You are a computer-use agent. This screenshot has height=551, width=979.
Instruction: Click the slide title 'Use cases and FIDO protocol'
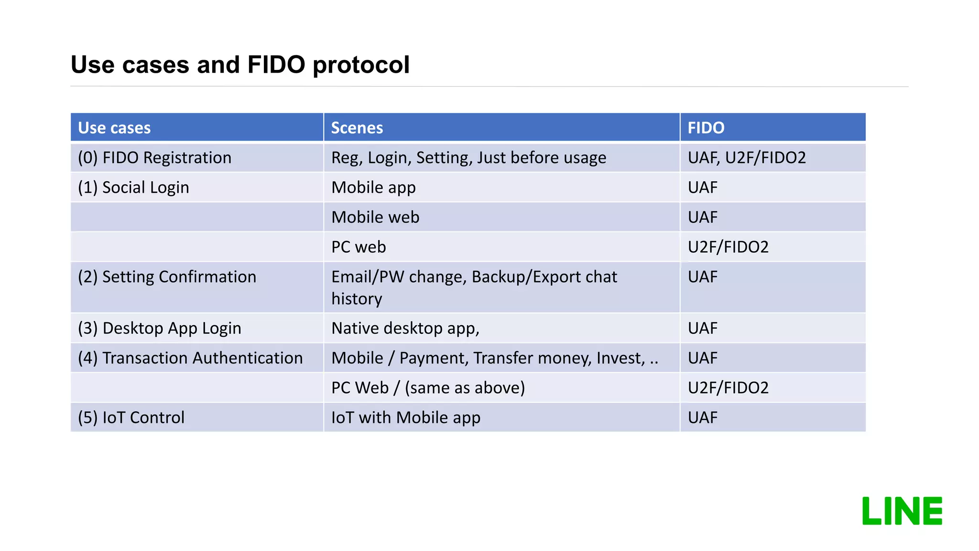tap(240, 65)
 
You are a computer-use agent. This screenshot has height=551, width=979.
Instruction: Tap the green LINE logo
tap(902, 511)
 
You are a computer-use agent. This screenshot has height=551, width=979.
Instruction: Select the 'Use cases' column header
tap(114, 128)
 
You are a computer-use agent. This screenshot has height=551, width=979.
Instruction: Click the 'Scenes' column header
tap(357, 128)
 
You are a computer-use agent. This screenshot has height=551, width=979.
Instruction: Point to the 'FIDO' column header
tap(706, 128)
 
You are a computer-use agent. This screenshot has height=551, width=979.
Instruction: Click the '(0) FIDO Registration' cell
tap(154, 158)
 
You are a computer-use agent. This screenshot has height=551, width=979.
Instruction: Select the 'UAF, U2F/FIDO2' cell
tap(746, 158)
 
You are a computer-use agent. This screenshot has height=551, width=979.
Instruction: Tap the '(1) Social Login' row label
tap(133, 187)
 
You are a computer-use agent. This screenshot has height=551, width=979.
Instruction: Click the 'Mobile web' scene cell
tap(375, 217)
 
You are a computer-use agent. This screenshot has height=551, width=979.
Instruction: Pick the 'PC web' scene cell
tap(359, 247)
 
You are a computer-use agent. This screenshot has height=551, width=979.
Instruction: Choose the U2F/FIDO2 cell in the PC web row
tap(728, 247)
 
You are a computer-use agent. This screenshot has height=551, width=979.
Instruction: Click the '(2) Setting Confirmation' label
tap(167, 277)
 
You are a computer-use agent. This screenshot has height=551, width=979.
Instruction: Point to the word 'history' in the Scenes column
tap(357, 299)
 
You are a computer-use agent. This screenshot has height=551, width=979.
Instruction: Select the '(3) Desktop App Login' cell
tap(159, 328)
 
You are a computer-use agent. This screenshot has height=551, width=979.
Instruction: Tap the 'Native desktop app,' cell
tap(405, 328)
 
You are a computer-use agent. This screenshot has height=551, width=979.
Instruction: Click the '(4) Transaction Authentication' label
tap(190, 358)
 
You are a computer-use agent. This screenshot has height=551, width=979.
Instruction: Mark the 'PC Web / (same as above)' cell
tap(428, 387)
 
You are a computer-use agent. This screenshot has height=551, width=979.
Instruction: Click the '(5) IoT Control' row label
tap(131, 418)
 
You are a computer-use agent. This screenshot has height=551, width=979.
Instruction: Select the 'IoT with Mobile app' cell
tap(405, 418)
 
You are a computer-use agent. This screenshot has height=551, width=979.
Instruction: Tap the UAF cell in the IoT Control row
tap(702, 418)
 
